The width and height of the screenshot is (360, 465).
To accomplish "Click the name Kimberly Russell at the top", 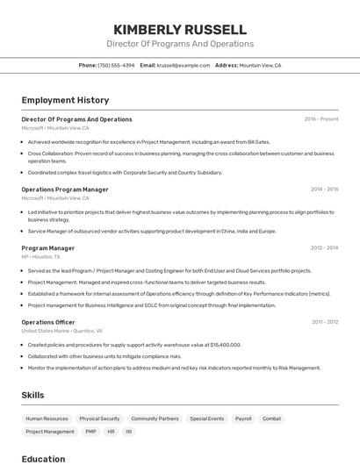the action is point(180,29).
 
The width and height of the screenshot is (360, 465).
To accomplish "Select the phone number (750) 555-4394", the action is point(116,65).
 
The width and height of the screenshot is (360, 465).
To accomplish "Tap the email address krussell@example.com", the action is point(184,65).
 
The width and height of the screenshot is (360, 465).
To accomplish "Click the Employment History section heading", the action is point(65,100).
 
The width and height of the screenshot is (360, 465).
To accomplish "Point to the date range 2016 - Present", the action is point(321,119).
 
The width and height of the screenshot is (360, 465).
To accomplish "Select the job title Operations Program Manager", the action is point(65,190).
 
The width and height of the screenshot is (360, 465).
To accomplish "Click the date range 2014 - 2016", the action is point(324,190).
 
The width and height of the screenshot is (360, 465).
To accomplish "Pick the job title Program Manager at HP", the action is point(48,248).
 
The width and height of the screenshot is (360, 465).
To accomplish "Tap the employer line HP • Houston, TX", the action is point(41,257).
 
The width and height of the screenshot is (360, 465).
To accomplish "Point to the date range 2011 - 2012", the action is point(325,322).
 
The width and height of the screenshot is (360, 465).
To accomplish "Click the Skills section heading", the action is point(33,396).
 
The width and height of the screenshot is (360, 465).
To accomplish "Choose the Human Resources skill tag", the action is point(47,419).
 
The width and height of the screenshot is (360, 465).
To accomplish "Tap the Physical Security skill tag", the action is point(99,419).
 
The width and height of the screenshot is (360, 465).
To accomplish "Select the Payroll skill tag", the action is point(243,419).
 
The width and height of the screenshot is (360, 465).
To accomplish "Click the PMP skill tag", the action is point(91,432).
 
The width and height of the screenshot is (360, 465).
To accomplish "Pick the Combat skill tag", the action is point(272,419).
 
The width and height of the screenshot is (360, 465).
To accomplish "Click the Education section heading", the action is point(44,459).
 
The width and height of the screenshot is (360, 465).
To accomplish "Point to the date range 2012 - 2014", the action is point(324,248).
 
